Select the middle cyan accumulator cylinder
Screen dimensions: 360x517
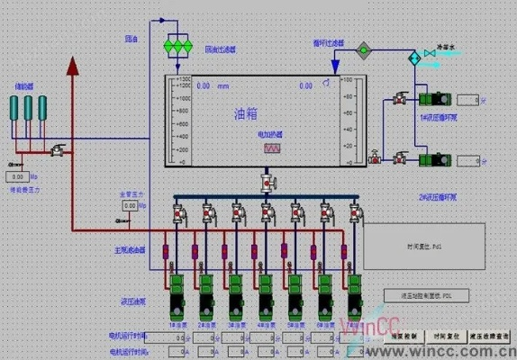pos(29,107)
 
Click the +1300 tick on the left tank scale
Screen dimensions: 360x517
pos(181,81)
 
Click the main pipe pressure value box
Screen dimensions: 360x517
pos(131,205)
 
